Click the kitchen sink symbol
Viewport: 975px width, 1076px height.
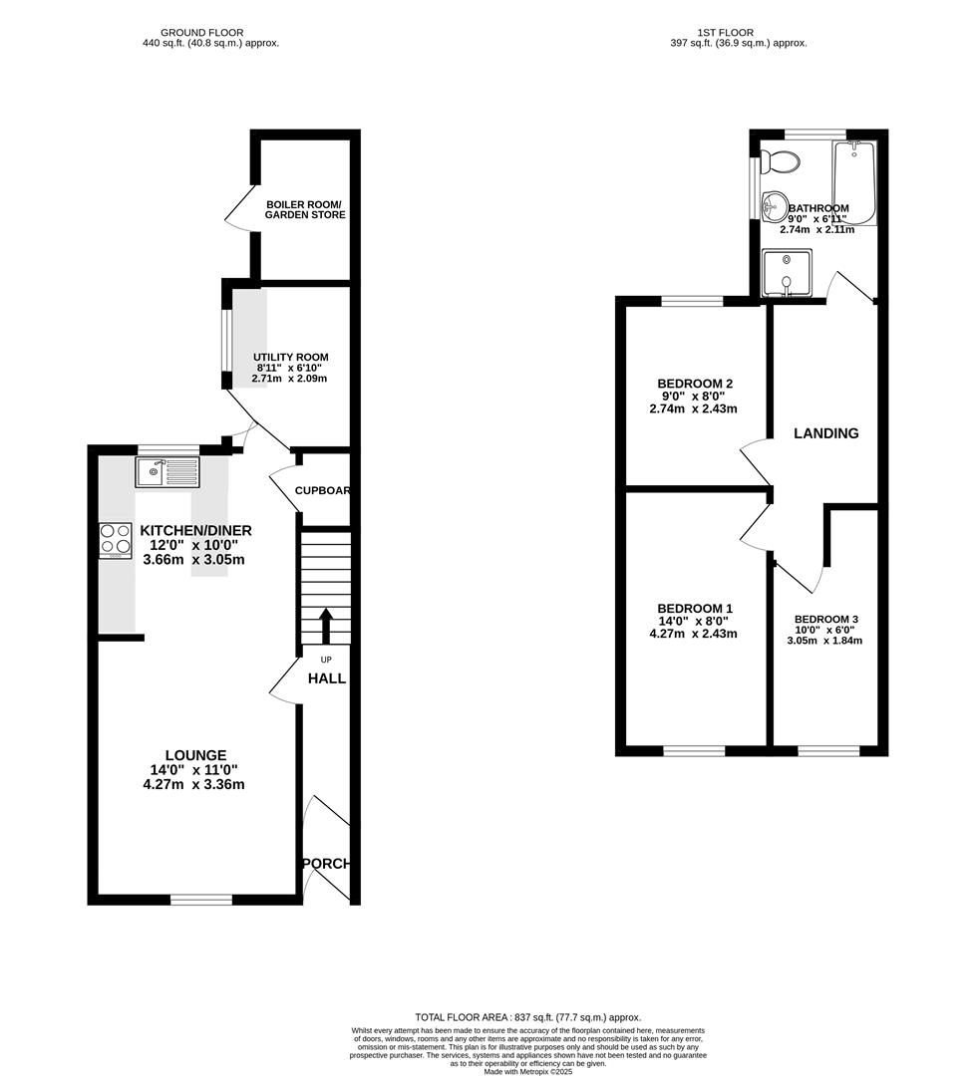coord(167,471)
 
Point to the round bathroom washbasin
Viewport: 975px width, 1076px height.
coord(774,207)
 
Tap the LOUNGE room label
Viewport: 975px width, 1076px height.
coord(196,755)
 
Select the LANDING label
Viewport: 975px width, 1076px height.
coord(825,433)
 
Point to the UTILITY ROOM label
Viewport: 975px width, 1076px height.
coord(290,357)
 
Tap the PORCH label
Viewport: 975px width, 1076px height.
coord(327,864)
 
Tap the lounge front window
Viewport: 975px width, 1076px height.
coord(200,900)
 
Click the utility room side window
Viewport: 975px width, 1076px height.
coord(226,349)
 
